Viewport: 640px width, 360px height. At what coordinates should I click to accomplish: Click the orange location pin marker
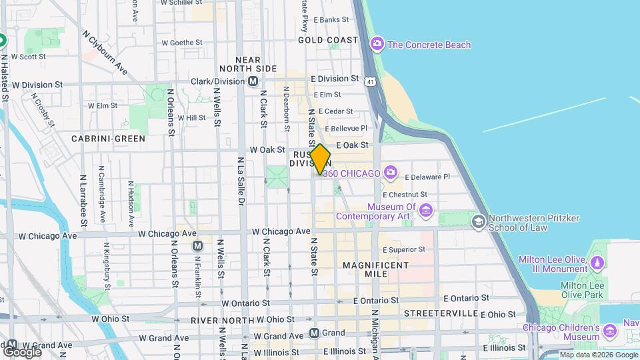pos(320,159)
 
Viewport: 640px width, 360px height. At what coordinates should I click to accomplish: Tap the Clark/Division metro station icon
pos(253,81)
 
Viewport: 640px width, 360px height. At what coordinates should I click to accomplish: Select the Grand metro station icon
pos(314,333)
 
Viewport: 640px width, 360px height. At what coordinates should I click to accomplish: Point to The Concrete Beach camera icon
pos(377,45)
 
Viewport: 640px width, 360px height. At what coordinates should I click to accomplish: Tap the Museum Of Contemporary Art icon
pos(426,211)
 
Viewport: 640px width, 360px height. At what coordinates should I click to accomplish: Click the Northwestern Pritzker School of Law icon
pos(478,221)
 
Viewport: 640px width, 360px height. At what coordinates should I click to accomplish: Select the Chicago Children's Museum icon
pos(609,331)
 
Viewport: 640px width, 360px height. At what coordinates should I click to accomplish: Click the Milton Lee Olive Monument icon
pos(595,264)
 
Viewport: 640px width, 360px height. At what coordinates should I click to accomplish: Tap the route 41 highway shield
pos(370,81)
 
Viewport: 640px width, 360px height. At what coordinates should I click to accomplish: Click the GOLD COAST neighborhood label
pos(328,40)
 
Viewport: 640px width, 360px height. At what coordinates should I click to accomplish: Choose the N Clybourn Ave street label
pos(105,52)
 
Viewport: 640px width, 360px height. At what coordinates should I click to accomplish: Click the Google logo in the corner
pos(22,351)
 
